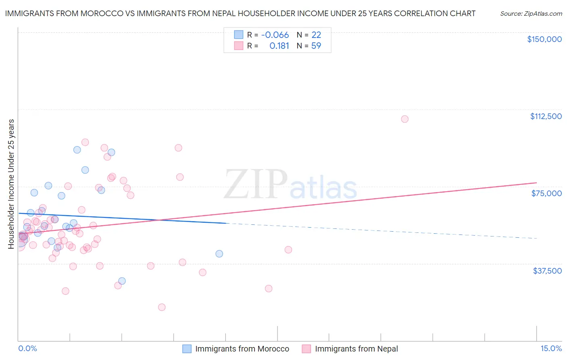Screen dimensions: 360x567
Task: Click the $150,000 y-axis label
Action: click(x=544, y=39)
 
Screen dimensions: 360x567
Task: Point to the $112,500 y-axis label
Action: click(x=546, y=116)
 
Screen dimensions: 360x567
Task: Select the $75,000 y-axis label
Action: click(x=546, y=193)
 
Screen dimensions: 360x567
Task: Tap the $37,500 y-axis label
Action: click(x=547, y=271)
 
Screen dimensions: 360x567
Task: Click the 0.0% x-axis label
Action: click(x=27, y=349)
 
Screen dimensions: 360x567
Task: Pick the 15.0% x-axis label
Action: click(x=551, y=349)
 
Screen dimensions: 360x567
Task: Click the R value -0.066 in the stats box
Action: click(x=275, y=35)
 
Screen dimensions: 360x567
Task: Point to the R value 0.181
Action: click(x=279, y=46)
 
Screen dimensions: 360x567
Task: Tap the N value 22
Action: click(x=316, y=35)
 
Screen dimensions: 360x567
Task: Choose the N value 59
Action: click(x=316, y=46)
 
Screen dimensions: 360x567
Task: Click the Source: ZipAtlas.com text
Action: click(x=531, y=14)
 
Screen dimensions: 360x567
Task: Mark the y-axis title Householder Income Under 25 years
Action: click(x=11, y=184)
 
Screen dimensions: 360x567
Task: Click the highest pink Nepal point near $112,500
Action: click(x=404, y=119)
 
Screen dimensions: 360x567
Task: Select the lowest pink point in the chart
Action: click(x=162, y=307)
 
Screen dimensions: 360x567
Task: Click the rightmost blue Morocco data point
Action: click(x=219, y=254)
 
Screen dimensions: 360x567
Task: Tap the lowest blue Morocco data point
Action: click(x=122, y=281)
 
